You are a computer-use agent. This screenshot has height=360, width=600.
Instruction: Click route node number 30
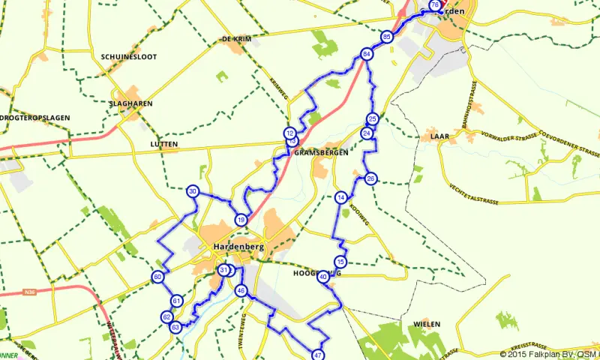[x=193, y=191]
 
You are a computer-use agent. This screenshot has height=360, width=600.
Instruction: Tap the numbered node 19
[x=240, y=220]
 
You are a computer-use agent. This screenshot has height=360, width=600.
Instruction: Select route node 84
[x=366, y=55]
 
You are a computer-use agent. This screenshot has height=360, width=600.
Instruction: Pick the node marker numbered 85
[x=386, y=37]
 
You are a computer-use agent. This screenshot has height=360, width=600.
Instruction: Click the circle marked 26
[x=370, y=178]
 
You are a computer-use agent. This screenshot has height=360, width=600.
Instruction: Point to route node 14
[x=341, y=197]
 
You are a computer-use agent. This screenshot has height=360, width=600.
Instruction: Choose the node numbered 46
[x=240, y=290]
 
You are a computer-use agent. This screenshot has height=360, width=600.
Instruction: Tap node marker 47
[x=318, y=355]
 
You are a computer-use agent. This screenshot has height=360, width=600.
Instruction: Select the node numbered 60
[x=157, y=277]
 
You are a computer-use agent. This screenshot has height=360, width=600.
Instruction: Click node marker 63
[x=175, y=328]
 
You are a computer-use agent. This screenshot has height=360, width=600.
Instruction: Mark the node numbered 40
[x=323, y=277]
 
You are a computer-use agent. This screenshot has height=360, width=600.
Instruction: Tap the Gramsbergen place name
[x=321, y=152]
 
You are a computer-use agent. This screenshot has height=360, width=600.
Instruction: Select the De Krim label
[x=235, y=38]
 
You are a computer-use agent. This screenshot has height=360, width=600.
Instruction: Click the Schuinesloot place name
[x=127, y=56]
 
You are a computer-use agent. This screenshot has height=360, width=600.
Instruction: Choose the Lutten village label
[x=163, y=143]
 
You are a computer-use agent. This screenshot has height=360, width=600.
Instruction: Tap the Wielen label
[x=425, y=324]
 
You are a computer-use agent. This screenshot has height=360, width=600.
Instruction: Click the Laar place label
[x=439, y=137]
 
